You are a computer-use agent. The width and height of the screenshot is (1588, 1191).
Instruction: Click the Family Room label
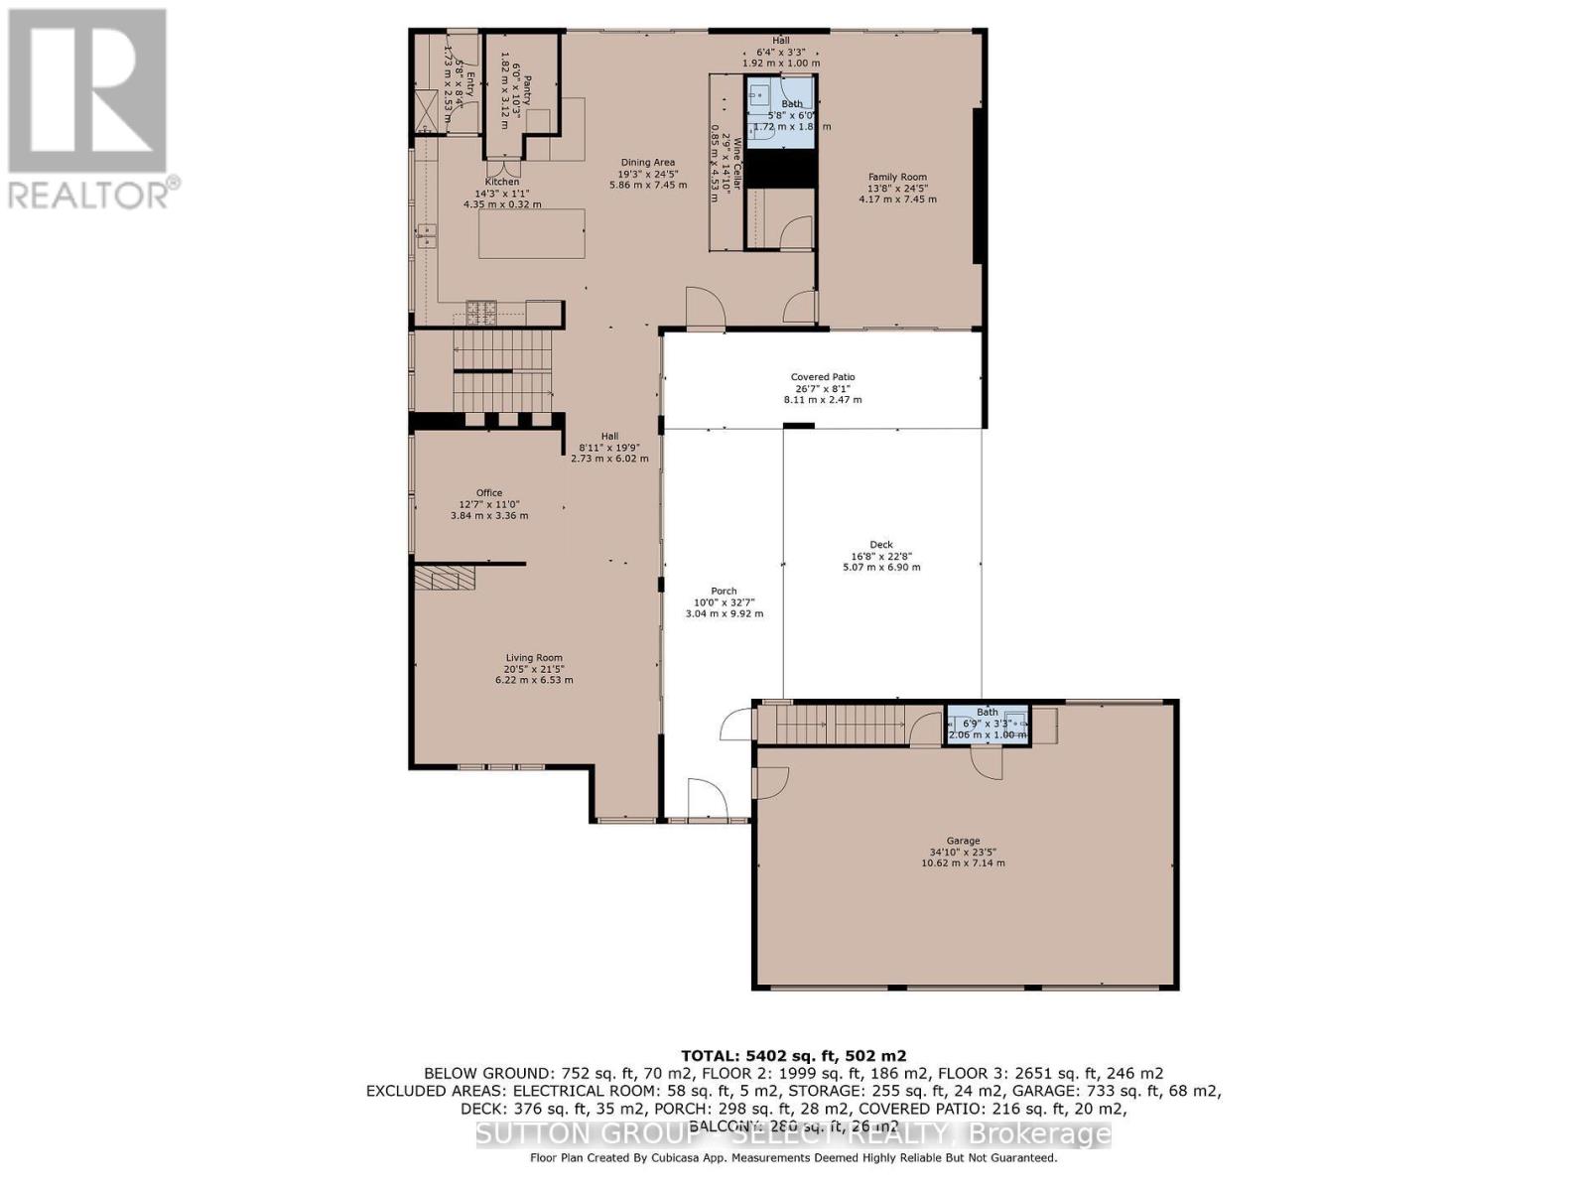[x=897, y=178]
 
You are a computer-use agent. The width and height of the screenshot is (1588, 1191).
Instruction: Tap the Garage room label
[x=963, y=841]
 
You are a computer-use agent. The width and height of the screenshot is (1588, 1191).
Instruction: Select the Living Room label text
[x=534, y=657]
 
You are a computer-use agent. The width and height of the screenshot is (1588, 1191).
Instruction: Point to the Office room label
[x=489, y=493]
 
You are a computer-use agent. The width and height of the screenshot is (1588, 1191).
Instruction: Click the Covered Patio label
[x=823, y=377]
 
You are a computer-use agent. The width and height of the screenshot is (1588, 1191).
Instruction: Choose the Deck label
[x=881, y=545]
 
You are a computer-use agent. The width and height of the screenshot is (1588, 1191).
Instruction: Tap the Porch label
[x=724, y=592]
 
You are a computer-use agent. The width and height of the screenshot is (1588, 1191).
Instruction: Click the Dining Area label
[x=648, y=163]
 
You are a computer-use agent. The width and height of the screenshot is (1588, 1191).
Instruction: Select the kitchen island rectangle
[x=531, y=234]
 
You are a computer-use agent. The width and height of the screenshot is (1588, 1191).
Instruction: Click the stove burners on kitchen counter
[x=481, y=312]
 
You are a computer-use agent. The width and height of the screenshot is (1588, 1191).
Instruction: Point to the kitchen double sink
[x=428, y=235]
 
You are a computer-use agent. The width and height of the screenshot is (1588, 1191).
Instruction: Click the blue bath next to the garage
[x=988, y=725]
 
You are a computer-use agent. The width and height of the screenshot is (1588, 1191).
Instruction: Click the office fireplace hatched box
[x=446, y=578]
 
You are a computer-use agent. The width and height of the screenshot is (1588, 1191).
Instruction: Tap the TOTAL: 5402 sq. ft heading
[x=793, y=1056]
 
